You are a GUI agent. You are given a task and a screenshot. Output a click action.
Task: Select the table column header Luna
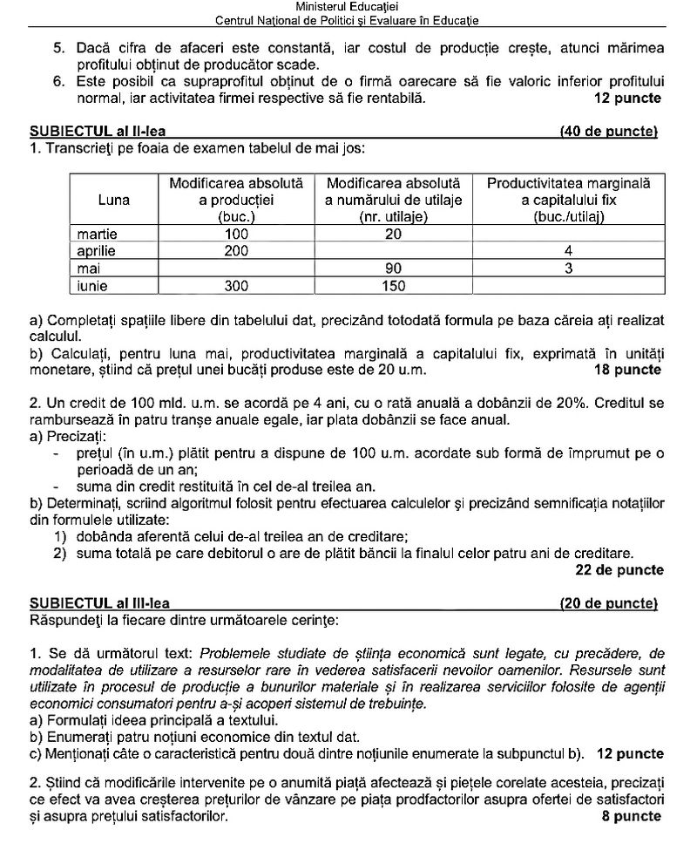coord(114,200)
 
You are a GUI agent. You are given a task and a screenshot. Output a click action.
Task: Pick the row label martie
coord(98,235)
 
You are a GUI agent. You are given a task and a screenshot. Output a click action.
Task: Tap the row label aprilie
coord(97,251)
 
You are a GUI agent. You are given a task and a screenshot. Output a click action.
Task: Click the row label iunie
coord(94,284)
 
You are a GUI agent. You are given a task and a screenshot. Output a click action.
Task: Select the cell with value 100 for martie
coord(236,235)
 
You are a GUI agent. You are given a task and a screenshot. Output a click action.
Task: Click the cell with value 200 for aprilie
coord(236,251)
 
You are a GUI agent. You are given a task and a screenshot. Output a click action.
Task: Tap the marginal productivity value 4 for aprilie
coord(568,251)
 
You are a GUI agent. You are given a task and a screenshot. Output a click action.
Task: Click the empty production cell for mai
coord(236,268)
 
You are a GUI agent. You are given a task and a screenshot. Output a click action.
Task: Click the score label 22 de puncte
coord(619,570)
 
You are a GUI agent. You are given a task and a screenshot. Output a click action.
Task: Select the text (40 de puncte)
coord(609,132)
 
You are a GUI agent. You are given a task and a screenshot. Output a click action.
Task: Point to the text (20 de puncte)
coord(609,602)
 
